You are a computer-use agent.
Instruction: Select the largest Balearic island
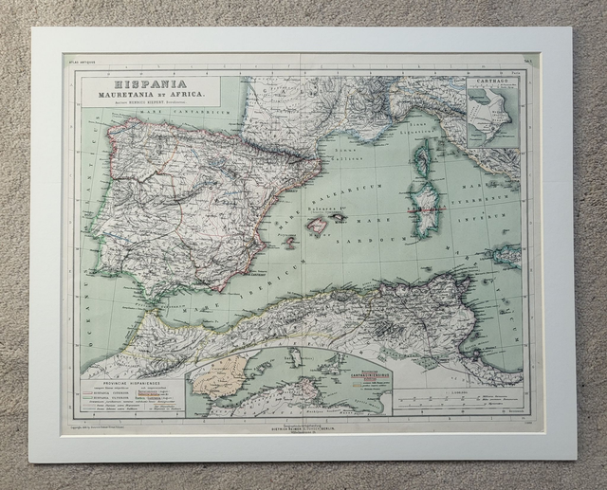pyautogui.click(x=317, y=226)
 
